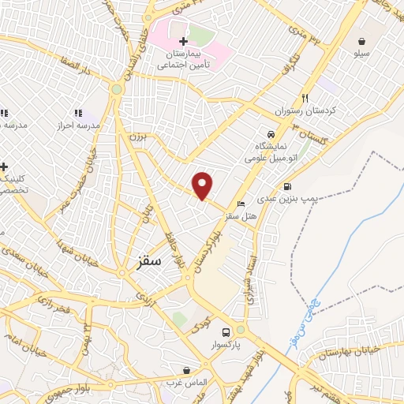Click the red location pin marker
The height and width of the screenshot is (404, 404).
[203, 185]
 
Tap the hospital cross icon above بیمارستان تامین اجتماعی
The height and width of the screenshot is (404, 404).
[183, 41]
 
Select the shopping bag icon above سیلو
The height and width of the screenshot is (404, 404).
[361, 41]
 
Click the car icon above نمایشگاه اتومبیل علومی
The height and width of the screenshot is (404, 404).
[271, 134]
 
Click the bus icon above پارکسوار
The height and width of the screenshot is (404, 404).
[226, 332]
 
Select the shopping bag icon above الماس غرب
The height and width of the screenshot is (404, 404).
[186, 369]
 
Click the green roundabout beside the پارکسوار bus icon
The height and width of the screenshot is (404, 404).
[241, 330]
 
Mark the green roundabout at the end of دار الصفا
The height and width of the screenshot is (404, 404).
[117, 89]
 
